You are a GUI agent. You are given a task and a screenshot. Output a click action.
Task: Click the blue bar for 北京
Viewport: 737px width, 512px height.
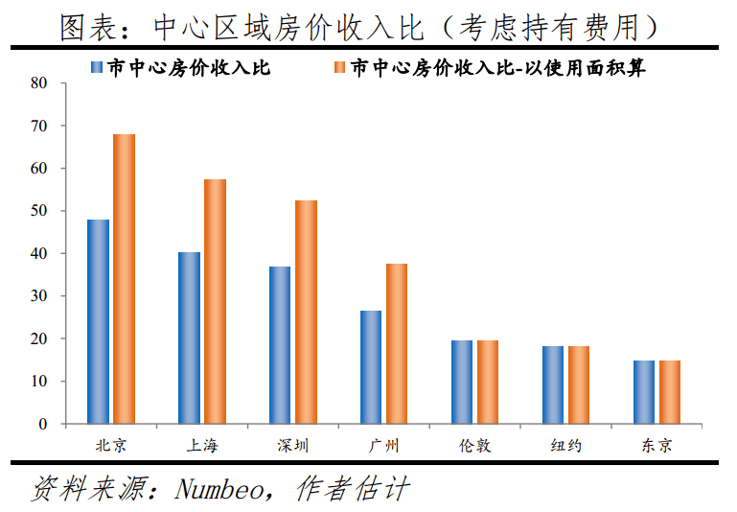tap(98, 321)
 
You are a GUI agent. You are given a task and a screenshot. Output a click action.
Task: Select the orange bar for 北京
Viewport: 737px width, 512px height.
tap(124, 279)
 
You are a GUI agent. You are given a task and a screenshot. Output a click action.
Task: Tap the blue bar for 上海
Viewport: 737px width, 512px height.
tap(189, 337)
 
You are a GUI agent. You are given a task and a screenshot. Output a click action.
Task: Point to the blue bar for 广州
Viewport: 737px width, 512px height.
tap(371, 367)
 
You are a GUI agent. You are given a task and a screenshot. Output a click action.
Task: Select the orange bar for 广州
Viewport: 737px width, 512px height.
tap(397, 343)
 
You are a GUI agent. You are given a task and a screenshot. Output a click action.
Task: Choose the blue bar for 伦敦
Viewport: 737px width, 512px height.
tap(462, 382)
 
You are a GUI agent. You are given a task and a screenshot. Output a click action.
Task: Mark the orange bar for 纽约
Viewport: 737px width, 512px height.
tap(579, 384)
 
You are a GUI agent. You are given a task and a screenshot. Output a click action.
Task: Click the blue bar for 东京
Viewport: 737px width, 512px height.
tap(644, 392)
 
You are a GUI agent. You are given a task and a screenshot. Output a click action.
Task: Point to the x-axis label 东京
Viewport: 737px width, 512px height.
tap(656, 446)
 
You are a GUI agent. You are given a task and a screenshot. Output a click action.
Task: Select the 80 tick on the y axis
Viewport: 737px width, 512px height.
tap(38, 82)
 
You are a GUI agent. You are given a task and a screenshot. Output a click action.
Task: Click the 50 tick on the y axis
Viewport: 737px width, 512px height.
tap(38, 211)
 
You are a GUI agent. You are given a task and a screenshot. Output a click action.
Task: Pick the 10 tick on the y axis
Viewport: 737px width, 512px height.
tap(38, 382)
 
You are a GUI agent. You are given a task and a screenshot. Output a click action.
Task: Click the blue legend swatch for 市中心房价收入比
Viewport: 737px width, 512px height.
tap(96, 68)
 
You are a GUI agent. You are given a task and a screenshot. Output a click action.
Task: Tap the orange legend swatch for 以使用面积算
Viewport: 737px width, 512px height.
tap(338, 68)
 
